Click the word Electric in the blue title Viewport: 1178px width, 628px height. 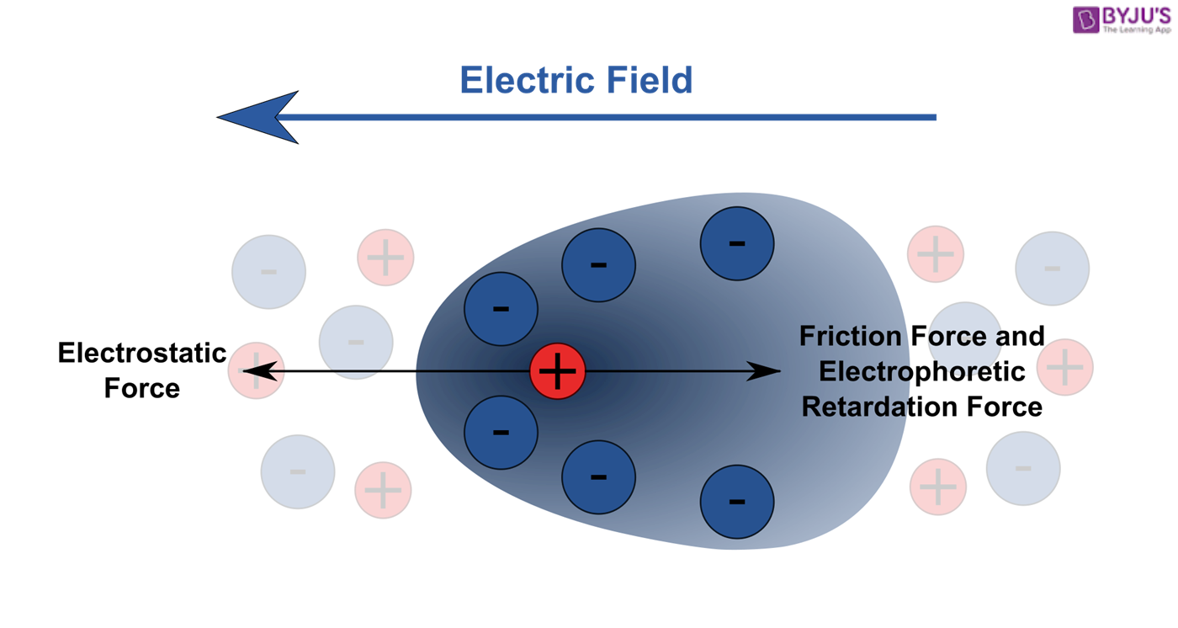point(528,81)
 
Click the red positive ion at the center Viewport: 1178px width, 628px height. point(557,371)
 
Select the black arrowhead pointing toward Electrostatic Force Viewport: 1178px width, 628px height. point(259,370)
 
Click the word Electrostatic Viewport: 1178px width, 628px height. point(141,354)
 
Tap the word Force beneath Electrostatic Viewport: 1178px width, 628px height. point(141,389)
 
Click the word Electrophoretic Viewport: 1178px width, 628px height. point(921,371)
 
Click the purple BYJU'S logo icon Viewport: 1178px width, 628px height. point(1085,19)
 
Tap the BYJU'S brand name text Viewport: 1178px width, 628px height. point(1136,16)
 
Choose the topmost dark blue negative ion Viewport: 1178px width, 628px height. point(737,243)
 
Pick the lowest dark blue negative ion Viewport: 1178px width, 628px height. point(737,502)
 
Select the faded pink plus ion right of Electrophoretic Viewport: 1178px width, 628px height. point(1065,368)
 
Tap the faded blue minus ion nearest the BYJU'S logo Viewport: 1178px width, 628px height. point(1052,269)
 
